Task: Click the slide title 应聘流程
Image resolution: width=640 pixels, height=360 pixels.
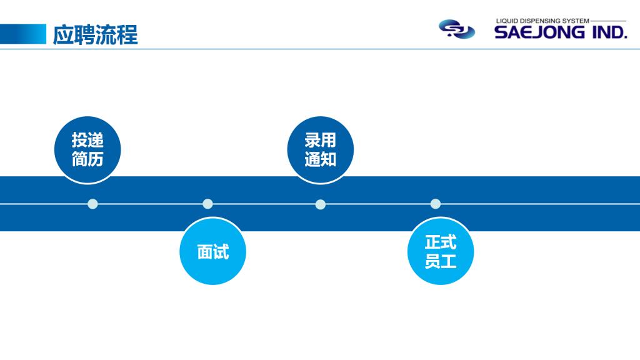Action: pyautogui.click(x=95, y=34)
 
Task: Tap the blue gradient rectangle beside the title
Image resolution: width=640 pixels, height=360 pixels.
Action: pyautogui.click(x=23, y=34)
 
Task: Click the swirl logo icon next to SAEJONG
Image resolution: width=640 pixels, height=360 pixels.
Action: pyautogui.click(x=456, y=29)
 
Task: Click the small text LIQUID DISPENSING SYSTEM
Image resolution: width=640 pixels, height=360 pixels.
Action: pyautogui.click(x=542, y=21)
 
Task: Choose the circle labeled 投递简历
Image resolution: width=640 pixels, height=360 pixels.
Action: pyautogui.click(x=87, y=150)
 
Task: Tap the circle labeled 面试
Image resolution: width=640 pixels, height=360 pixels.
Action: pyautogui.click(x=212, y=252)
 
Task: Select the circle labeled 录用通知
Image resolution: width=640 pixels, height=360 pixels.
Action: pyautogui.click(x=320, y=150)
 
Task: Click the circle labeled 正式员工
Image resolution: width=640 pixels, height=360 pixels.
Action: pyautogui.click(x=441, y=252)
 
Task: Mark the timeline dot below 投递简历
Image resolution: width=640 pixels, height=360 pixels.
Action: pyautogui.click(x=92, y=204)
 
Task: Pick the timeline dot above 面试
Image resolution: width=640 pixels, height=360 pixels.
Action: pyautogui.click(x=207, y=204)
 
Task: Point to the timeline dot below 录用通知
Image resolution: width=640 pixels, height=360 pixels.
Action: pyautogui.click(x=321, y=204)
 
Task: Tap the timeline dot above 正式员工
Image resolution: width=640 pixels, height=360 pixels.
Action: pyautogui.click(x=436, y=204)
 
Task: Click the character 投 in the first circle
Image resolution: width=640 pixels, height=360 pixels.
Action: pyautogui.click(x=79, y=141)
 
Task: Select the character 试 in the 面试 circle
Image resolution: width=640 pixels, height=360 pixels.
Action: pyautogui.click(x=221, y=252)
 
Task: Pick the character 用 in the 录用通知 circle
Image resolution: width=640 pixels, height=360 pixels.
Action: pyautogui.click(x=328, y=141)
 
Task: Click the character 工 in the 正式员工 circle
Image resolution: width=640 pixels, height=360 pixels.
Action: pyautogui.click(x=449, y=261)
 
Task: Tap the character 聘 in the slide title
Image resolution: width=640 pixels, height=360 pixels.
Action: pyautogui.click(x=81, y=34)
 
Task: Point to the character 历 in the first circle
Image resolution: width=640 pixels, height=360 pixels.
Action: pyautogui.click(x=96, y=159)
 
